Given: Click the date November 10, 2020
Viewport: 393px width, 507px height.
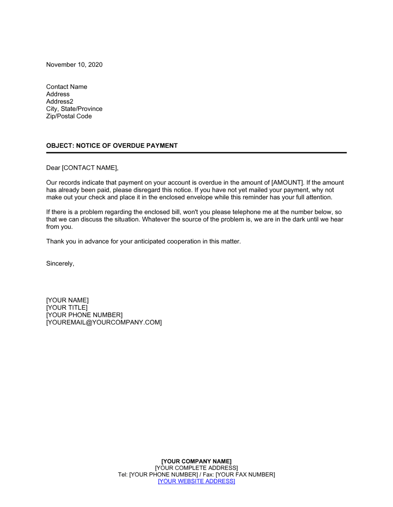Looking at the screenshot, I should point(74,65).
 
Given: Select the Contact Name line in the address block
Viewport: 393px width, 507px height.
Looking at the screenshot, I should point(66,87).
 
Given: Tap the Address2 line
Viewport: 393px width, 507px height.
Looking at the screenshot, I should point(59,101).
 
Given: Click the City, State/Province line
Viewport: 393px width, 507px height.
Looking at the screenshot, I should point(74,109).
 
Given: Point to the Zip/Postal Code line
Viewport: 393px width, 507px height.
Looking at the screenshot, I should point(69,116).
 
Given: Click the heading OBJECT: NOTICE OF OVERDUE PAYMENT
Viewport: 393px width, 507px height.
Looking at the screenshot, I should point(112,146).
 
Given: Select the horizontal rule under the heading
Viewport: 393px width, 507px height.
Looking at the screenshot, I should point(196,152).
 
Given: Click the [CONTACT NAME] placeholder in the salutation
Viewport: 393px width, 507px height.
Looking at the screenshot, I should point(90,168).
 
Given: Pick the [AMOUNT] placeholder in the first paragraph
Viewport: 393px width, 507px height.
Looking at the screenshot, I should point(288,183).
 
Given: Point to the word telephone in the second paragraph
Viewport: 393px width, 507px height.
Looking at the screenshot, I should point(246,212).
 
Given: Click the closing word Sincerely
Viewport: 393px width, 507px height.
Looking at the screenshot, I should point(60,264).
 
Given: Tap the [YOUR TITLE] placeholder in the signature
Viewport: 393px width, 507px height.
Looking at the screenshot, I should point(67,308).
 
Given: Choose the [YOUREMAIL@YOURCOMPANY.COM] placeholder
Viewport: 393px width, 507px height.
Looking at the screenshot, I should point(104,323).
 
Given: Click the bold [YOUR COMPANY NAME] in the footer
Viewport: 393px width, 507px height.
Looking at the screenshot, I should point(196,461).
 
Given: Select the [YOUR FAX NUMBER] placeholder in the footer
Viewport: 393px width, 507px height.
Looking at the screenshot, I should point(245,475).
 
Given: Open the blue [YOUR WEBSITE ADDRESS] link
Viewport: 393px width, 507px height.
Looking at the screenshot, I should point(196,481).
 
